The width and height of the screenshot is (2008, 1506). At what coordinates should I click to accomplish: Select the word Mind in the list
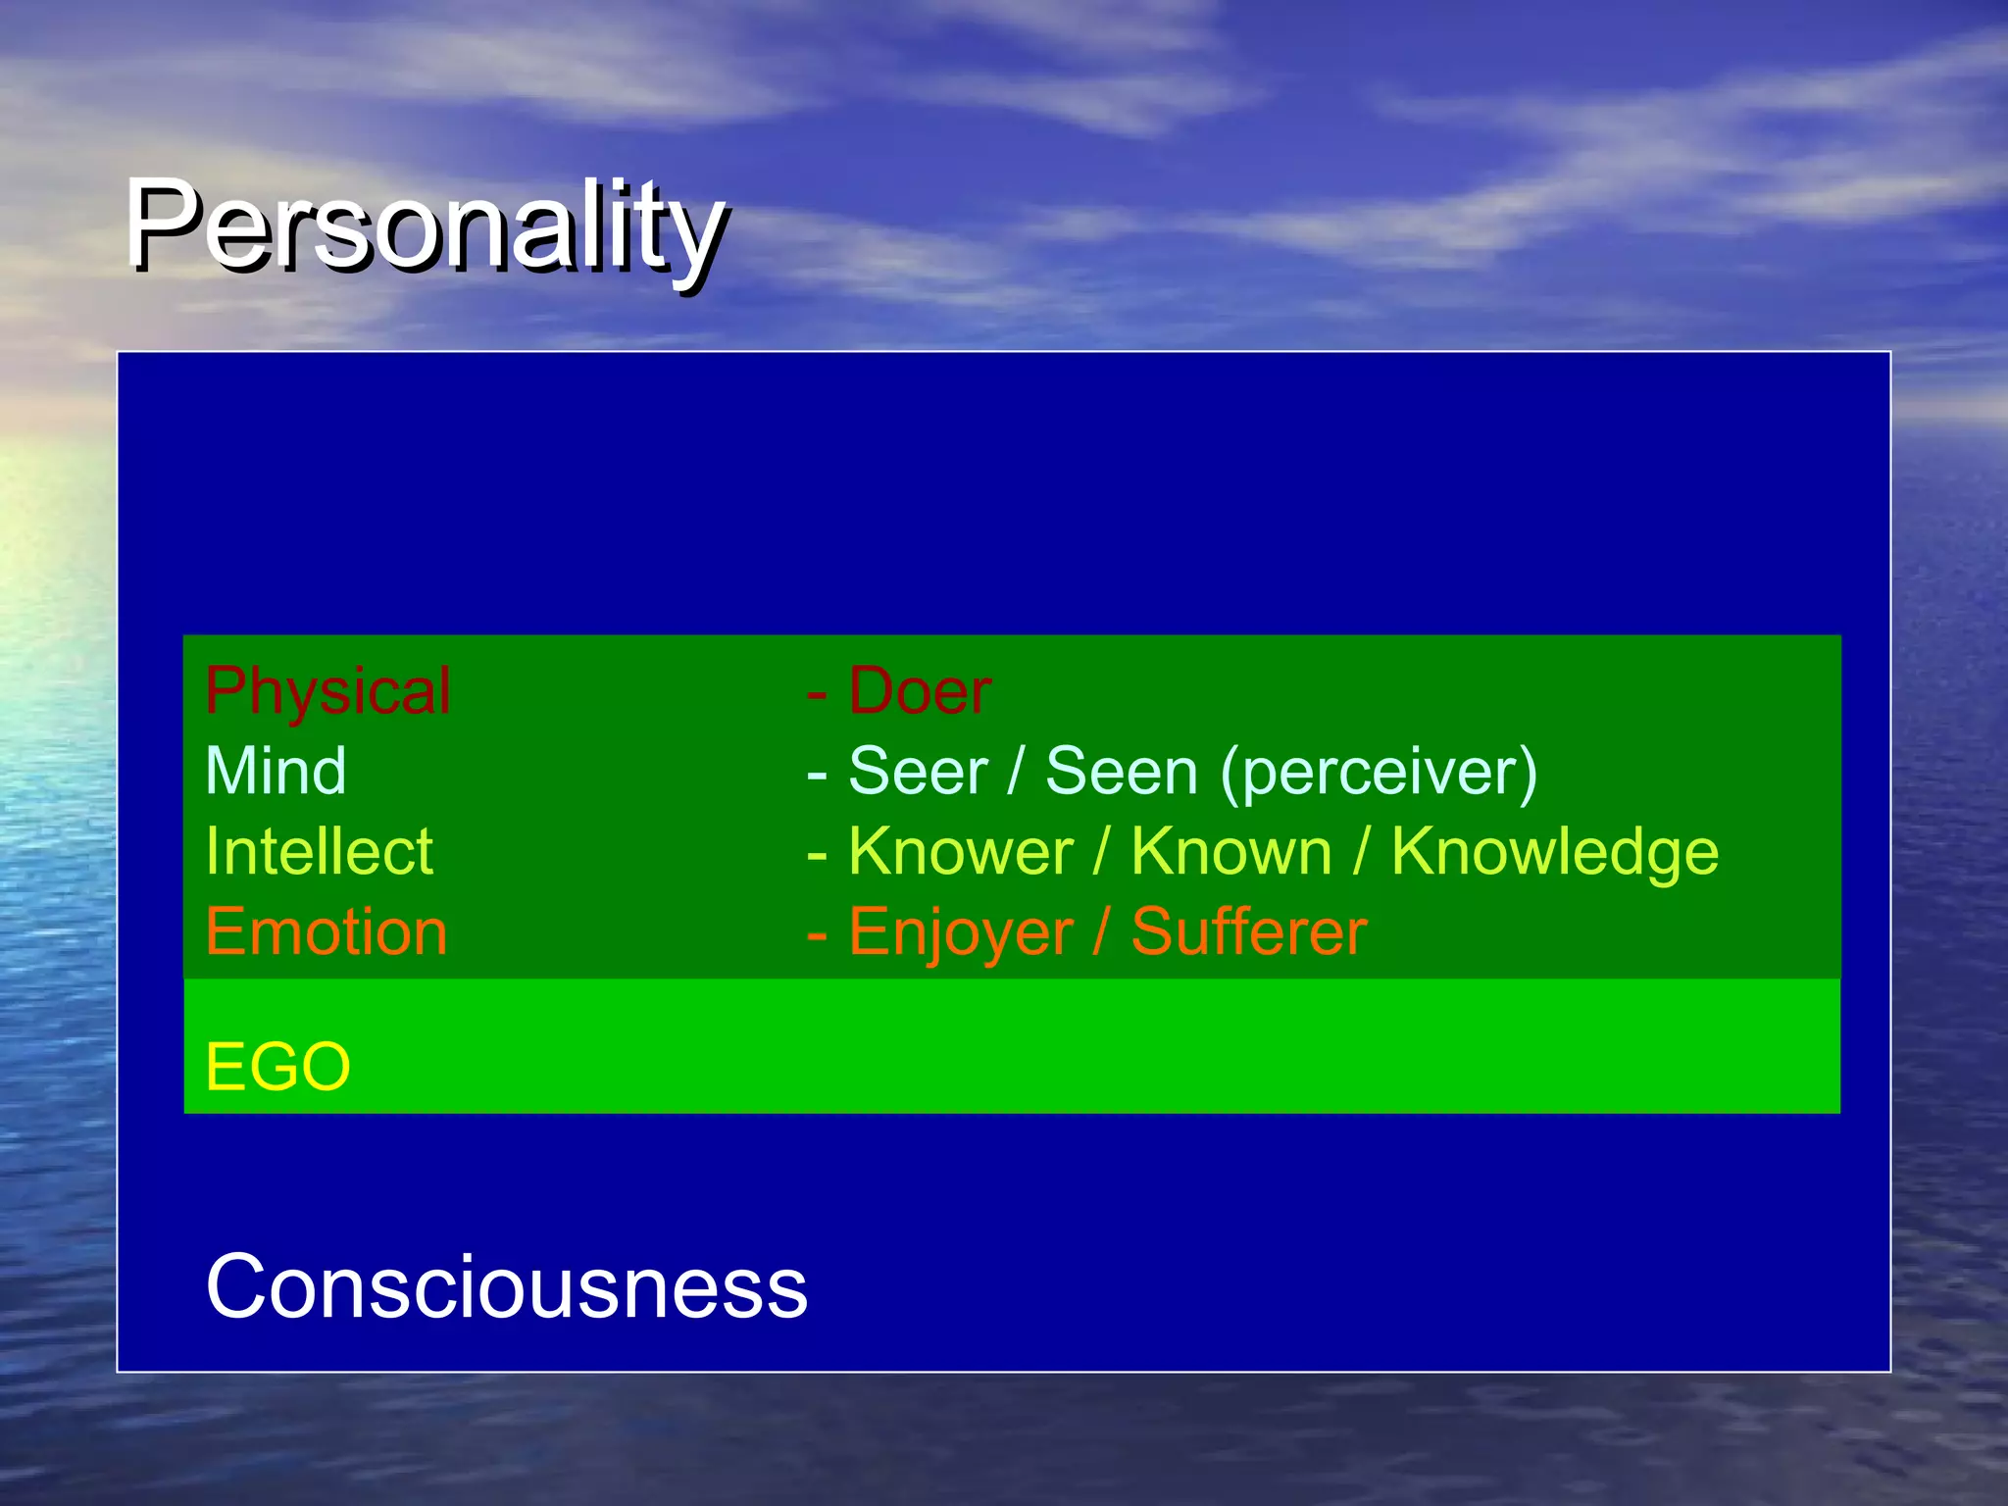tap(276, 772)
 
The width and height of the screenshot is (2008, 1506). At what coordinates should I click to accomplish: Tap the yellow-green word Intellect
tap(319, 851)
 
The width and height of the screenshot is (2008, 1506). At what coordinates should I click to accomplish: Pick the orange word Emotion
tap(326, 931)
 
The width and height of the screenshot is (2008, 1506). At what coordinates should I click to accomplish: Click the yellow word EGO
tap(277, 1067)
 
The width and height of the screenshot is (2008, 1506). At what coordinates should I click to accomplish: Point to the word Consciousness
tap(506, 1286)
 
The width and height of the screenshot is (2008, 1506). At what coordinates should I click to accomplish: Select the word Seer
tap(917, 772)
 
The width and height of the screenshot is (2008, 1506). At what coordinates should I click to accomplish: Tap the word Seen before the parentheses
tap(1121, 772)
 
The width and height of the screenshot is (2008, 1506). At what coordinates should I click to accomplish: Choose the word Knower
tap(961, 851)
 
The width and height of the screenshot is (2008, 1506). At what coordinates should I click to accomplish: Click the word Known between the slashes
tap(1230, 851)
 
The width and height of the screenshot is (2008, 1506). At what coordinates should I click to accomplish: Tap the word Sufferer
tap(1248, 931)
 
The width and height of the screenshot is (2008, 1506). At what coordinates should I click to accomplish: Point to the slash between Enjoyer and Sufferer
tap(1101, 931)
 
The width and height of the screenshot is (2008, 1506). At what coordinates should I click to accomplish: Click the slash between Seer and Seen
tap(1016, 772)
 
